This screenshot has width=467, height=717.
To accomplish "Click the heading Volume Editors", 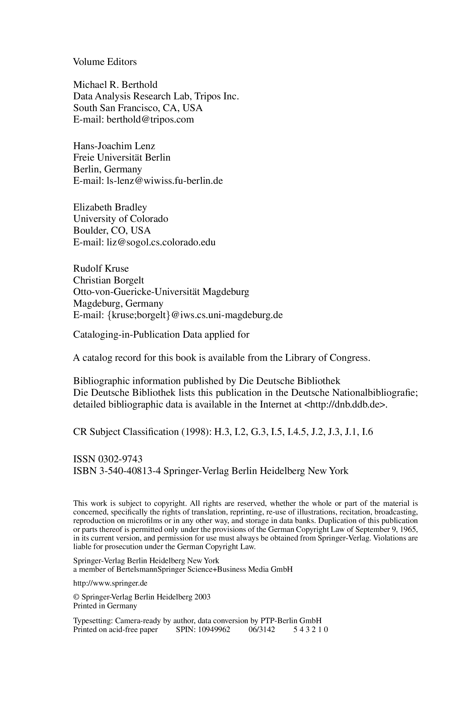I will pos(105,62).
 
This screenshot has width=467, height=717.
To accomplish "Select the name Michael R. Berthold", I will pos(115,85).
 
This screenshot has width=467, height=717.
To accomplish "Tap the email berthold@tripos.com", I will pos(150,120).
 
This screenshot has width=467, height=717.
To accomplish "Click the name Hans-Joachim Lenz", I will pos(114,146).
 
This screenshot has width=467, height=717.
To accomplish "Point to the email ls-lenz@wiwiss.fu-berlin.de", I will pos(165,181).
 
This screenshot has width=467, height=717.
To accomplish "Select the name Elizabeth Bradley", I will pos(110,207).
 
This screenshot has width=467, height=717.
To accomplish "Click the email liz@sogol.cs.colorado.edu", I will pos(161,242).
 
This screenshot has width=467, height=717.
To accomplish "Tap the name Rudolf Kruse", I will pos(101,269).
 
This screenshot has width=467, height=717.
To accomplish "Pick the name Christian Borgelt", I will pos(108,280).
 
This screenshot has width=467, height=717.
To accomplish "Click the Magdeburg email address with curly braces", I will pos(195,315).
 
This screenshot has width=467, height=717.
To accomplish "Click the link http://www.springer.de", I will pos(110,583).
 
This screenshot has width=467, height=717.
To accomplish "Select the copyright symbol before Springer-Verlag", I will pos(76,597).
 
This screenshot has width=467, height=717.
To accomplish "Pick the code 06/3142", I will pos(262,630).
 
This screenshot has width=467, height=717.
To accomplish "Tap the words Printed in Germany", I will pos(105,606).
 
